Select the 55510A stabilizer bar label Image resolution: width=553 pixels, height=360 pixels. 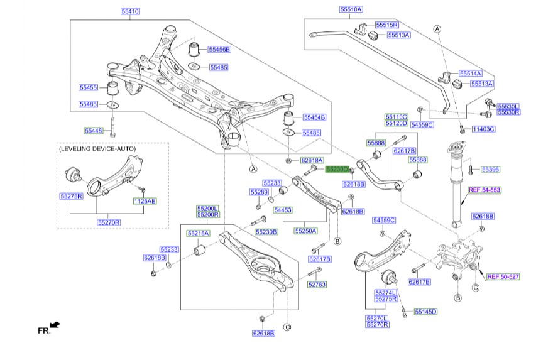[x=351, y=10]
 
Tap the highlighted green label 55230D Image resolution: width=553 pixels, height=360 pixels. [x=336, y=169]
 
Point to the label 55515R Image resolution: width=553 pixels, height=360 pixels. [x=387, y=25]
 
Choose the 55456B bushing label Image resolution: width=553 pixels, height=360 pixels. [x=220, y=49]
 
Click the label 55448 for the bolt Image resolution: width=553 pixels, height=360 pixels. [x=94, y=131]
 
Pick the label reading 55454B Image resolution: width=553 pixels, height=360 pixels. [x=315, y=117]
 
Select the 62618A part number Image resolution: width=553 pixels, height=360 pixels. [x=312, y=160]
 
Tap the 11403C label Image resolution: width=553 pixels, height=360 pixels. [x=484, y=129]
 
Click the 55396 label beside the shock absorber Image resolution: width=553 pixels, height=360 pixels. [x=491, y=169]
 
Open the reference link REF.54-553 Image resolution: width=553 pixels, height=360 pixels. [x=485, y=189]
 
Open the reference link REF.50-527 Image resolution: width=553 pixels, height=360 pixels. [x=503, y=276]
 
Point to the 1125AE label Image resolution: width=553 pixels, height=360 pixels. [x=144, y=201]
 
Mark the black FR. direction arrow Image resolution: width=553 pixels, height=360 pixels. [x=55, y=325]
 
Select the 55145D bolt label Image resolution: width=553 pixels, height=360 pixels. [x=425, y=312]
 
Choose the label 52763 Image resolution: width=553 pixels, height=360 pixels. [x=317, y=285]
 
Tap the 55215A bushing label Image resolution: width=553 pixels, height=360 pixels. [x=197, y=234]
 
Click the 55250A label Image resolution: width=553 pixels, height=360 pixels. [x=305, y=231]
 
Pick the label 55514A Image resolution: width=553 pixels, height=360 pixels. [x=470, y=74]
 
